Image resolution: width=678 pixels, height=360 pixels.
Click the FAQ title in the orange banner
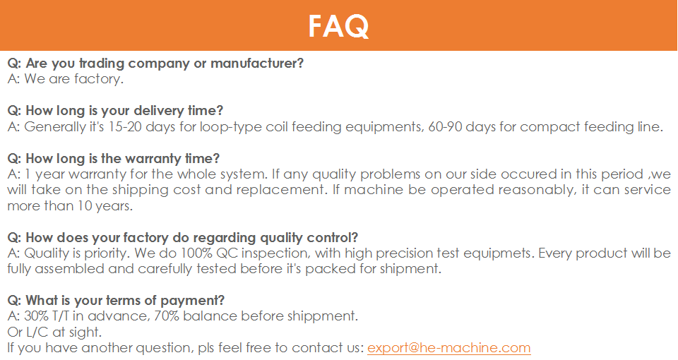click(x=338, y=26)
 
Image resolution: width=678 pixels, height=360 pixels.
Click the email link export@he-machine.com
click(x=449, y=348)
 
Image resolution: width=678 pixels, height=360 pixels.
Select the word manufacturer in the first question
click(x=257, y=63)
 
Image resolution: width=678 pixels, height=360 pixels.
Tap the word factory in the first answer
click(x=99, y=79)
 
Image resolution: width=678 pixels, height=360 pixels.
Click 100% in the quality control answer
click(x=196, y=253)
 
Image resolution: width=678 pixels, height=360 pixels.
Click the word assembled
click(x=70, y=269)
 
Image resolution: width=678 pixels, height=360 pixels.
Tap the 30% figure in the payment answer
click(x=36, y=316)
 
